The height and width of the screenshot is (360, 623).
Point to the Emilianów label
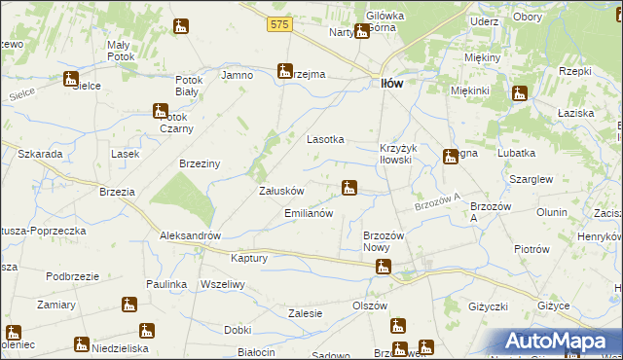click(x=309, y=213)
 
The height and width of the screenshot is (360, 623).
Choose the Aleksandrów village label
click(x=191, y=236)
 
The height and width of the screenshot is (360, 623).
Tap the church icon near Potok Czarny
click(x=161, y=112)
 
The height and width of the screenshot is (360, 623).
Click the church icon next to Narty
click(x=362, y=31)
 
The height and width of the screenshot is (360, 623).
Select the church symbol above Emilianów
click(x=349, y=187)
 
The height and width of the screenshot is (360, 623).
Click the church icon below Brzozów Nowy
click(x=385, y=267)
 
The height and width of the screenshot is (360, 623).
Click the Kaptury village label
click(x=249, y=259)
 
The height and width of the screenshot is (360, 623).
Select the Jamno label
click(x=238, y=75)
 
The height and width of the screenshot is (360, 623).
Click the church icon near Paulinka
click(x=128, y=305)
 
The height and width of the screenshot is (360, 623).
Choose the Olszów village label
click(x=370, y=306)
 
